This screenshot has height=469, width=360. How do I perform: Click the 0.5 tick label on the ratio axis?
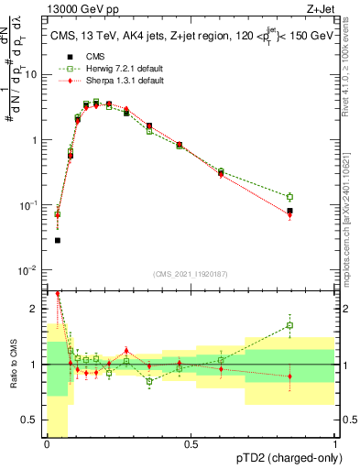click(34, 421)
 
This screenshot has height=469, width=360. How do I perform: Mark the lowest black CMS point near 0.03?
click(57, 241)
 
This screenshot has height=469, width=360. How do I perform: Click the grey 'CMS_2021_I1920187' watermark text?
click(191, 275)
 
